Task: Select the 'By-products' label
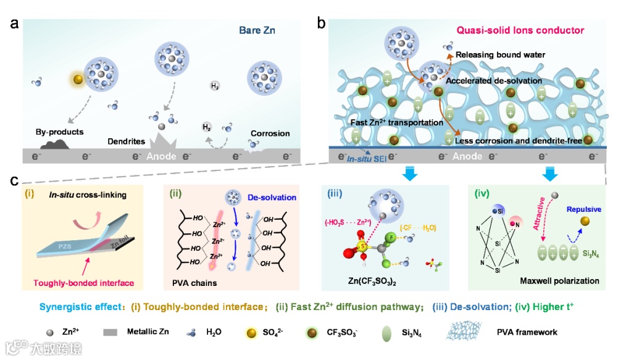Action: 60,132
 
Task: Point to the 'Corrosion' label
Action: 270,133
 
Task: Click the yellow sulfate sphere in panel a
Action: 78,80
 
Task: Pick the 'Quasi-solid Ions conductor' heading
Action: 520,30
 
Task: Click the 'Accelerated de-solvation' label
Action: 494,81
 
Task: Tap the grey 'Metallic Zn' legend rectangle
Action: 111,332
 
